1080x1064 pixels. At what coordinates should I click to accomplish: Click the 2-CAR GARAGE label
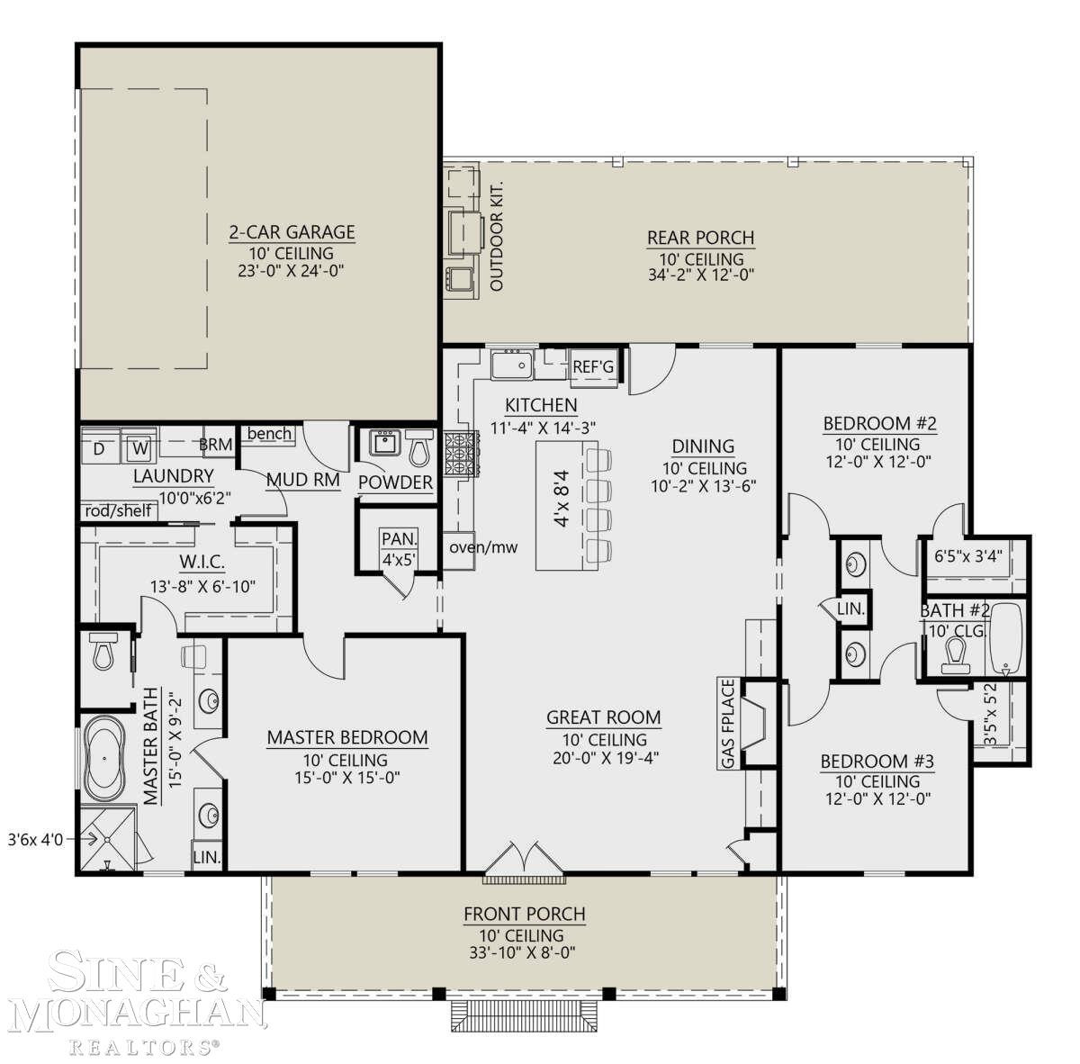(292, 232)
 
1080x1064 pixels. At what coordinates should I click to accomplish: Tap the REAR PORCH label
(700, 238)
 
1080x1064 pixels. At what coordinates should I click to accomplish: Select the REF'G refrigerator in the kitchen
(594, 367)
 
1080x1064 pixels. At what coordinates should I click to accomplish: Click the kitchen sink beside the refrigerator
(512, 365)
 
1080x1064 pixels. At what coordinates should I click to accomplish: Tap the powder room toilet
(419, 448)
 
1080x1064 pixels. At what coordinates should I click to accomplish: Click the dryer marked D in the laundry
(99, 448)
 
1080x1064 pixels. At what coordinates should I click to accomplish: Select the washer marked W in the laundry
(139, 448)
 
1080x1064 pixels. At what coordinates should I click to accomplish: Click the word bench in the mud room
(269, 433)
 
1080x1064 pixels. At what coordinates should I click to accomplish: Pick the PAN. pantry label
(399, 539)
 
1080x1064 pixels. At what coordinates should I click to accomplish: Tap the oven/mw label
(483, 547)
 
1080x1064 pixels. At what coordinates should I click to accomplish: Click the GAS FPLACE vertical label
(728, 723)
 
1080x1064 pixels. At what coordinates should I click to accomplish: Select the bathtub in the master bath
(104, 759)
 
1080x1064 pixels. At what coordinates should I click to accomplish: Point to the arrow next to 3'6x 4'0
(84, 839)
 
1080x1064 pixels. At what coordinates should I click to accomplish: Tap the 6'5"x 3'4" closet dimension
(968, 556)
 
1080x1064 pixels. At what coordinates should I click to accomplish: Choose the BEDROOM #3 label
(877, 762)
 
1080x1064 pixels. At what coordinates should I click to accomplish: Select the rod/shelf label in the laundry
(118, 510)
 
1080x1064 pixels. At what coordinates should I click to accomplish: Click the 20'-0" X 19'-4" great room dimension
(606, 758)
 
